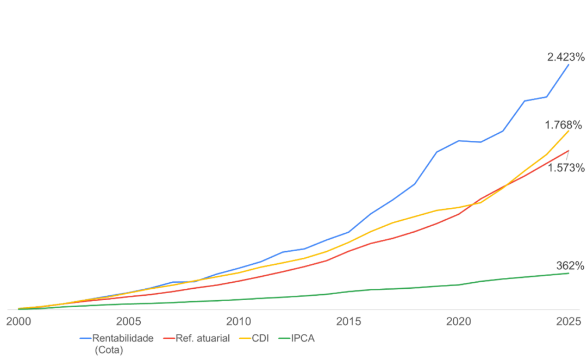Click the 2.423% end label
(x=566, y=57)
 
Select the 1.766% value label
(x=564, y=125)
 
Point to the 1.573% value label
(x=566, y=168)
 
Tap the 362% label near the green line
(x=570, y=265)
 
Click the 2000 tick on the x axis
(x=18, y=321)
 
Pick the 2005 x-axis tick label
(x=128, y=321)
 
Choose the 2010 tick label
(x=239, y=321)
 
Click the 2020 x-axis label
(x=459, y=321)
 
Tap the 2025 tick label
(x=569, y=321)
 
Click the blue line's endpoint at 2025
(x=569, y=64)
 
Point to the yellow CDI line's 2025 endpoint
(x=569, y=131)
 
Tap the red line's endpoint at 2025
(x=569, y=150)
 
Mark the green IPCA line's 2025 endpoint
(x=569, y=273)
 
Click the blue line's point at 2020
(x=459, y=140)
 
